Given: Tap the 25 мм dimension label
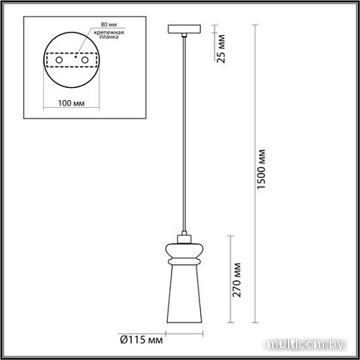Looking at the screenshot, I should coord(222,50).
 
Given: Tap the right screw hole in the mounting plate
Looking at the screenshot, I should coord(85,60).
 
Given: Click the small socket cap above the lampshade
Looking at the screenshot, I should coord(183,235).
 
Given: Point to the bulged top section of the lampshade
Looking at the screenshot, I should coord(183,248).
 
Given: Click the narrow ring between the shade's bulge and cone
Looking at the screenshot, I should coord(183,260).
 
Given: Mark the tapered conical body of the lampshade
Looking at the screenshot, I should coord(183,292).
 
